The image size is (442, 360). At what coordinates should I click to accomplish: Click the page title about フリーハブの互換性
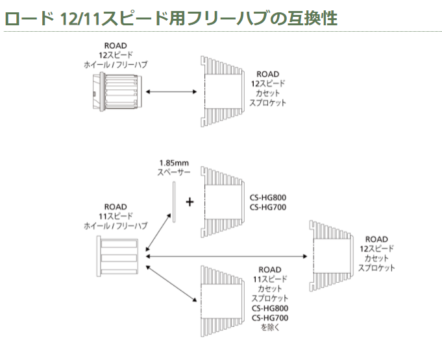pyautogui.click(x=171, y=18)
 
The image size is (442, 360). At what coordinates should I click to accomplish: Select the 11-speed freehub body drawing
pyautogui.click(x=119, y=256)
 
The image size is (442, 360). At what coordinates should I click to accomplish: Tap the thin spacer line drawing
pyautogui.click(x=173, y=201)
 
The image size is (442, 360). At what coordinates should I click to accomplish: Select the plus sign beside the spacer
pyautogui.click(x=190, y=202)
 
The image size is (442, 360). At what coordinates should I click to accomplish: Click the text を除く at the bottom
pyautogui.click(x=269, y=328)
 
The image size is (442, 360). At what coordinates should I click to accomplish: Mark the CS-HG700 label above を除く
pyautogui.click(x=269, y=318)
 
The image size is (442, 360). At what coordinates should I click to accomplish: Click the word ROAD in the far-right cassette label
pyautogui.click(x=377, y=239)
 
